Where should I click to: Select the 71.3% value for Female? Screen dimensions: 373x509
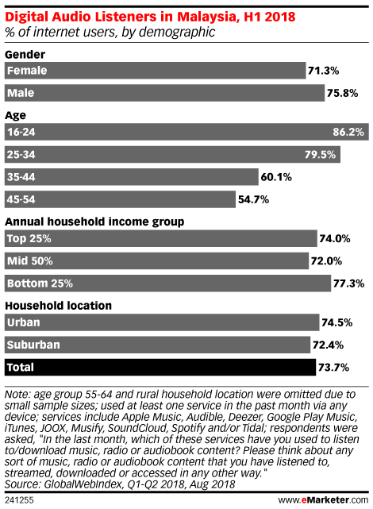coord(323,71)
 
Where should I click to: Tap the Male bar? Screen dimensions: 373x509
coord(164,93)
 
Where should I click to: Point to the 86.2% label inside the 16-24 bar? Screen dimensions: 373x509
coord(348,132)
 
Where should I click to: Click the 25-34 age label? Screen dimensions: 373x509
coord(21,154)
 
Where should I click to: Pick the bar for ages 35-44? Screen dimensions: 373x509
coord(132,177)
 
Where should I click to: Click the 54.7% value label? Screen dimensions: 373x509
coord(253,199)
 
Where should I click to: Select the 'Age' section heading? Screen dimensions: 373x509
coord(15,116)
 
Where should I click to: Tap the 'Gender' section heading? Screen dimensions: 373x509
coord(25,54)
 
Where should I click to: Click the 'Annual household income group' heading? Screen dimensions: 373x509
coord(94,222)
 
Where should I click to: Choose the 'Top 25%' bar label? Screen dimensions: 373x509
coord(29,238)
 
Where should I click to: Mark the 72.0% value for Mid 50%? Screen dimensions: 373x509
coord(326,261)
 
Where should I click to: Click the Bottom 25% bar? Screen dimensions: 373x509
coord(167,283)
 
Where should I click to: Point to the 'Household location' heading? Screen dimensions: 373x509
coord(59,306)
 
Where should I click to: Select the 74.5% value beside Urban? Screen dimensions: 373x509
coord(337,322)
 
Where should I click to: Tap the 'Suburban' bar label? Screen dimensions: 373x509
coord(33,345)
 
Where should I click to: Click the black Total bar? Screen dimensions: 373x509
coord(160,367)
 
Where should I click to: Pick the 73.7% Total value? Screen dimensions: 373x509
coord(334,368)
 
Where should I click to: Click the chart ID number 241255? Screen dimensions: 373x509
coord(19,500)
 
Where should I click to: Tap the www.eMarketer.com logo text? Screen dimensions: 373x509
coord(323,500)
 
